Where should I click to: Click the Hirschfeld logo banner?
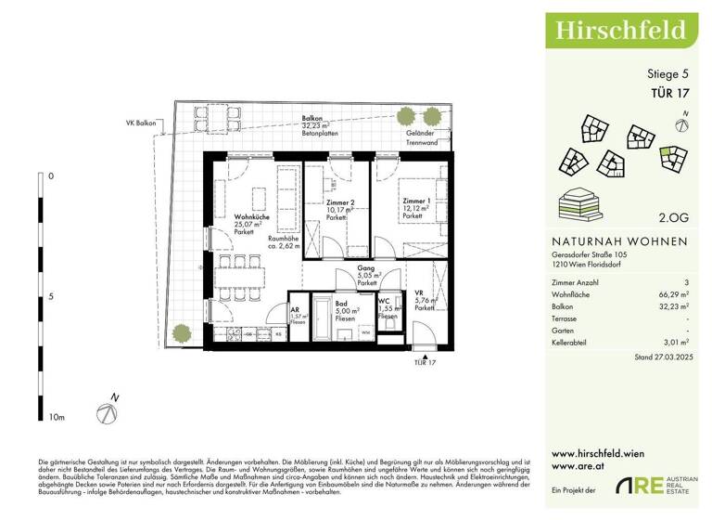[x=620, y=30]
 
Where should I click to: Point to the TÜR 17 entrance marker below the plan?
[x=426, y=363]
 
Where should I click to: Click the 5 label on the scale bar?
[x=50, y=296]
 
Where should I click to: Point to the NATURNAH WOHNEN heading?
[x=618, y=240]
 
